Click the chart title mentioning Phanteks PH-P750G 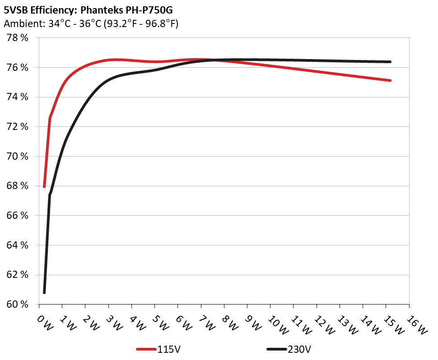tap(88, 9)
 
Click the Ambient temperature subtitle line tap(91, 24)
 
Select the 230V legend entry tap(289, 349)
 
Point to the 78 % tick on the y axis tap(18, 38)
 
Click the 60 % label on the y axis tap(18, 305)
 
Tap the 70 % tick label tap(18, 157)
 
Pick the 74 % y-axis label tap(18, 97)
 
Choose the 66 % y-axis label tap(18, 216)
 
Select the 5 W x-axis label tap(161, 323)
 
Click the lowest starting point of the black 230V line tap(44, 292)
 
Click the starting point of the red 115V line tap(44, 186)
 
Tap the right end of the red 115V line tap(390, 80)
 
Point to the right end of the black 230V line tap(390, 62)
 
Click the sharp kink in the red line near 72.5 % tap(50, 118)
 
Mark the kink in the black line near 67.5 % tap(50, 194)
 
